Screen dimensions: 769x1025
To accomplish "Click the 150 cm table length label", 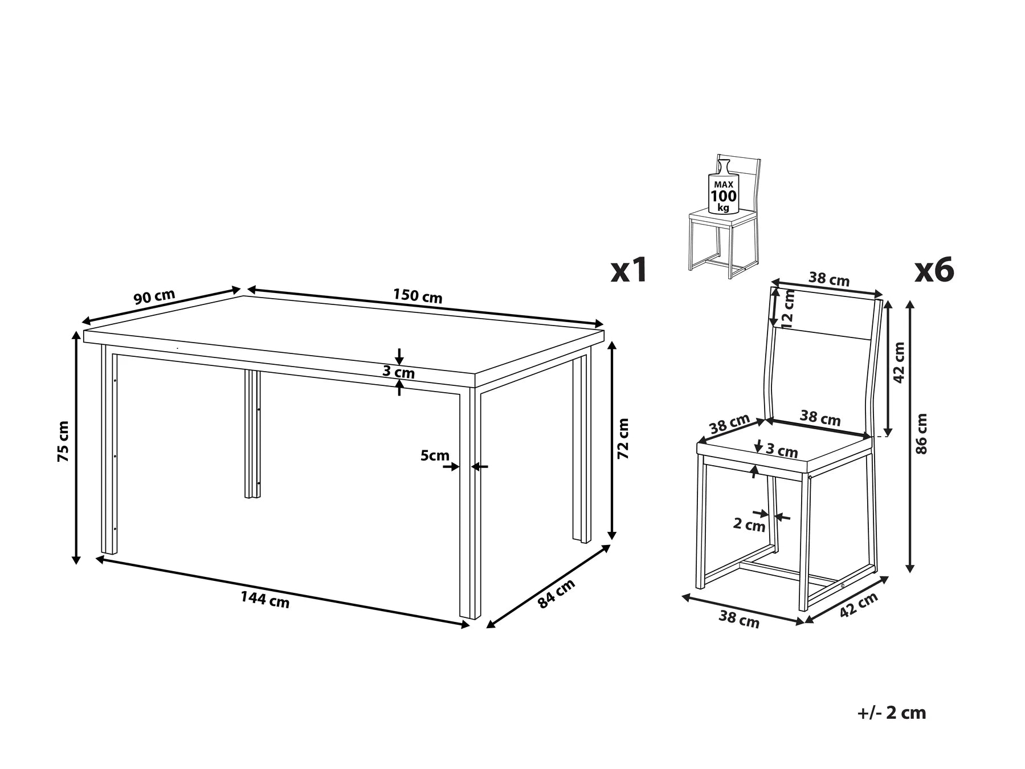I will pos(417,296).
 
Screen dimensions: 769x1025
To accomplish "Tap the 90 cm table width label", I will pos(154,296).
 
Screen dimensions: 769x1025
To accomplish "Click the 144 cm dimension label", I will pos(264,599).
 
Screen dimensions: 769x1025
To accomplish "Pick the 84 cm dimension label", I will pos(556,593).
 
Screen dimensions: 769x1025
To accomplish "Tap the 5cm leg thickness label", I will pos(435,455).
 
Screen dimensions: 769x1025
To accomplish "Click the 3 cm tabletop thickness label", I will pos(398,373).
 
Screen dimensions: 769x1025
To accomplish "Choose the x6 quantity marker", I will pos(934,270).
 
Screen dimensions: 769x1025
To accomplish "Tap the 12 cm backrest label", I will pos(788,310).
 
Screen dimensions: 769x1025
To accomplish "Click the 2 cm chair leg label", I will pos(749,524).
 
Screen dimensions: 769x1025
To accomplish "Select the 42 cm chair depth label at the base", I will pos(859,604).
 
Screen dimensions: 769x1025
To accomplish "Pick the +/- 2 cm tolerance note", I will pos(891,713).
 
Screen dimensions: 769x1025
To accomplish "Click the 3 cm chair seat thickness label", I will pos(782,451).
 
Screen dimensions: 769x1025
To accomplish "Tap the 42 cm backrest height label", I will pos(899,363).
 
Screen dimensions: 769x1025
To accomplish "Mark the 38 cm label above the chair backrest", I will pos(829,279).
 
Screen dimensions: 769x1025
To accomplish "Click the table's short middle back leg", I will pos(252,434).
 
